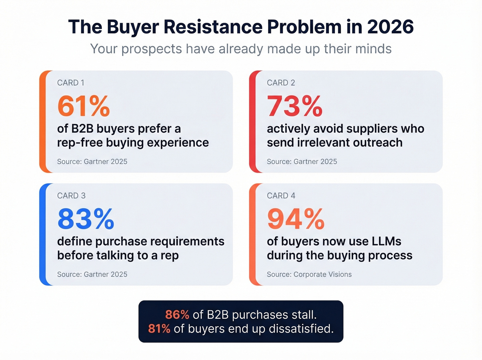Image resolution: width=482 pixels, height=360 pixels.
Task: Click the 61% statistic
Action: (83, 106)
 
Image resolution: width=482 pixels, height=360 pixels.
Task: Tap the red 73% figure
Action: (294, 106)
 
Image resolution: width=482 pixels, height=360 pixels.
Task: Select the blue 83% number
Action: (85, 219)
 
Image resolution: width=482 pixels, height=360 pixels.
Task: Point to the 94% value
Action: (295, 219)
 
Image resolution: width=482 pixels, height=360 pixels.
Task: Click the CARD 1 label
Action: (71, 83)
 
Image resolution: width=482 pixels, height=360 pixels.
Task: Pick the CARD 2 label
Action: (281, 83)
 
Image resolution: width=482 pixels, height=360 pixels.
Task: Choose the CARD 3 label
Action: (71, 196)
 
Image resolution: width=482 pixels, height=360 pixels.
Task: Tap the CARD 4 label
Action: (281, 196)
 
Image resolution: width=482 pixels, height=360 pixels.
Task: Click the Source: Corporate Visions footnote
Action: (309, 274)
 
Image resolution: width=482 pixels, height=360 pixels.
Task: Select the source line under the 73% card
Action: (302, 162)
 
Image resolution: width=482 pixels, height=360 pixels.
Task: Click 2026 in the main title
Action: (390, 27)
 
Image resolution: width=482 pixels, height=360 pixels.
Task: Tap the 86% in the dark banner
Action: (177, 315)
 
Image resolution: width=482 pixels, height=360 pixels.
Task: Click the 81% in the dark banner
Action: (159, 329)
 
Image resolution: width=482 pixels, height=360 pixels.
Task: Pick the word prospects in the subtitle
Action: (151, 49)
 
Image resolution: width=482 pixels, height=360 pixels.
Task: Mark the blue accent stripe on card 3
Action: (42, 234)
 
